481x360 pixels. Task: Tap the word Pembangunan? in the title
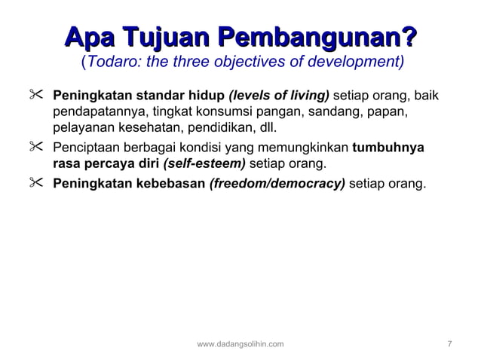(317, 36)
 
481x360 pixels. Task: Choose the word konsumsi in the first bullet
(219, 114)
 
